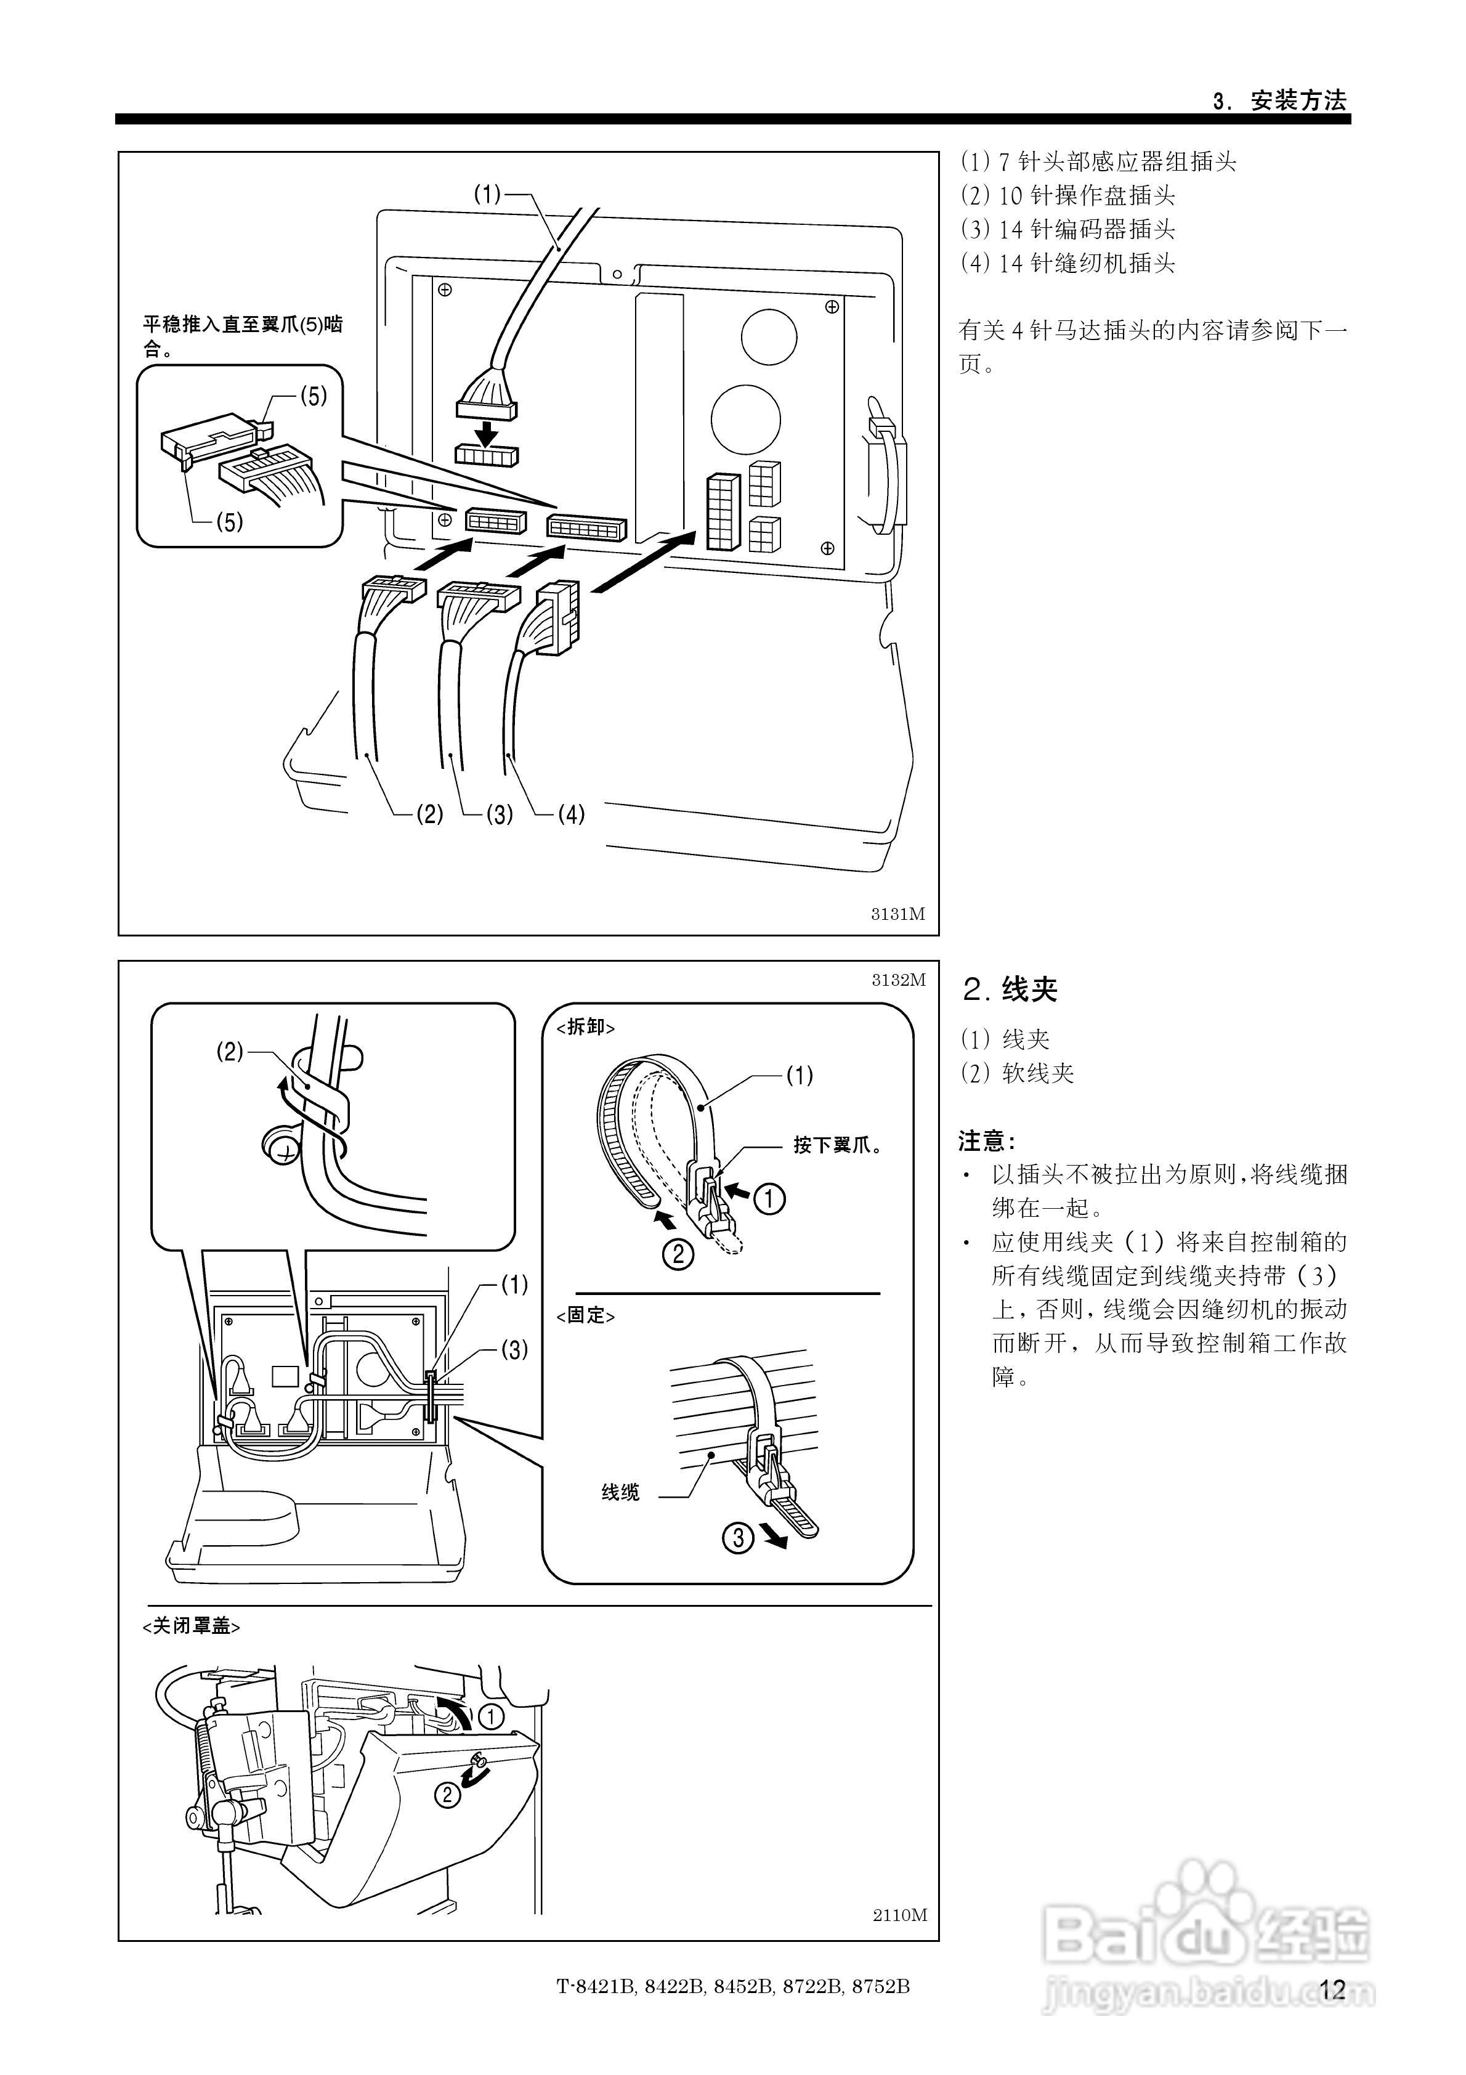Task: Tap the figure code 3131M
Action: coord(897,914)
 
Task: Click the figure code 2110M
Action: coord(899,1914)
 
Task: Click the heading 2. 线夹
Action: coord(1010,989)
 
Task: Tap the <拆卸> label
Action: coord(586,1028)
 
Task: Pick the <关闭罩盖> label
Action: coord(192,1626)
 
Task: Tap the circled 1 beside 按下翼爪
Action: coord(769,1200)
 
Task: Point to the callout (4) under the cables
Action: coord(570,815)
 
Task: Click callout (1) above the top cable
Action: coord(487,194)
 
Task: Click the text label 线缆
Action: coord(620,1493)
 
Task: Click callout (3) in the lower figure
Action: coord(514,1350)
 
